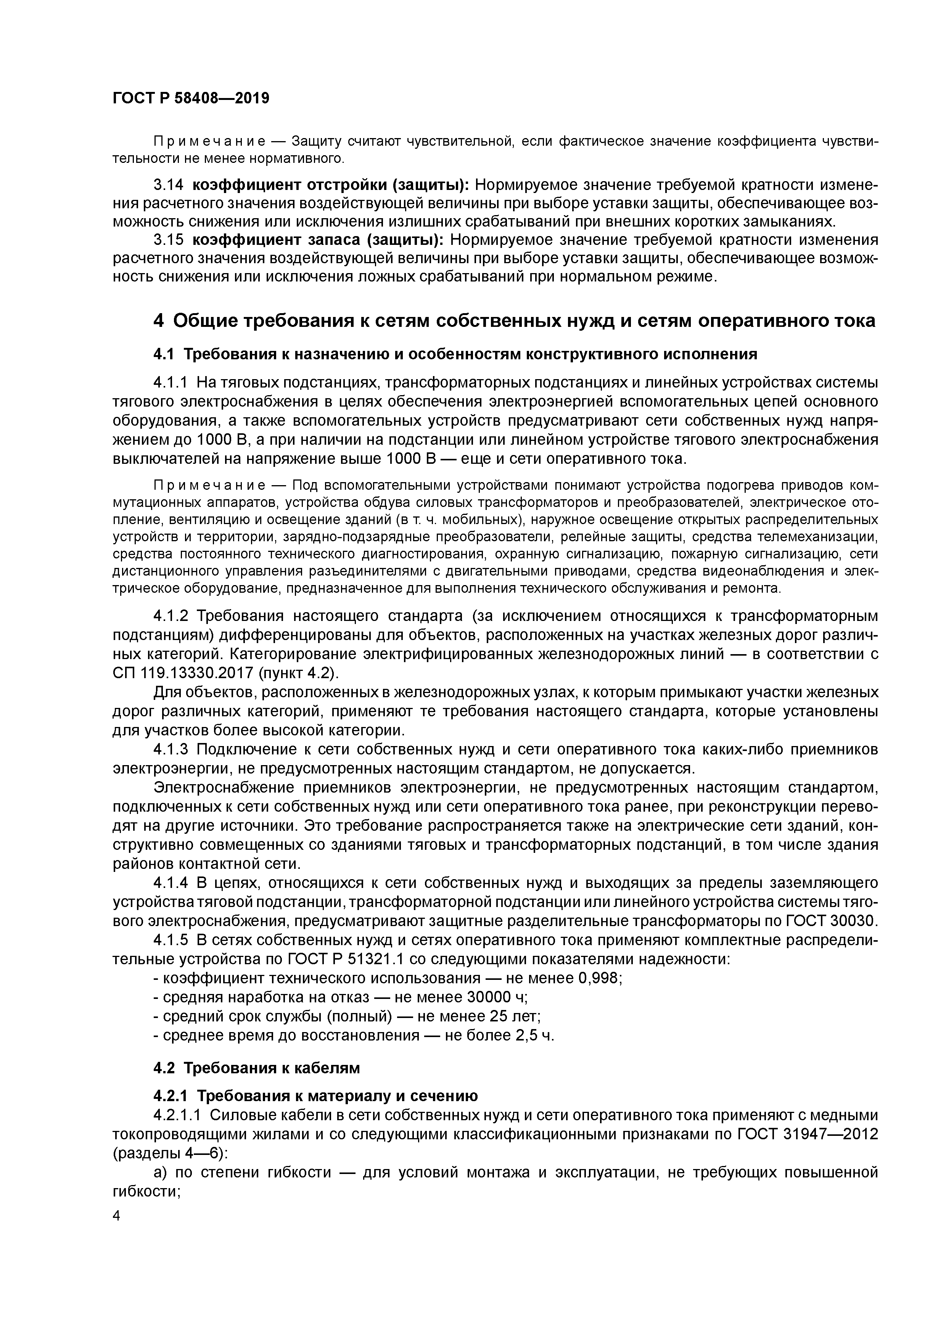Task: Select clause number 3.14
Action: point(168,185)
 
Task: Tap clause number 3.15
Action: point(168,240)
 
